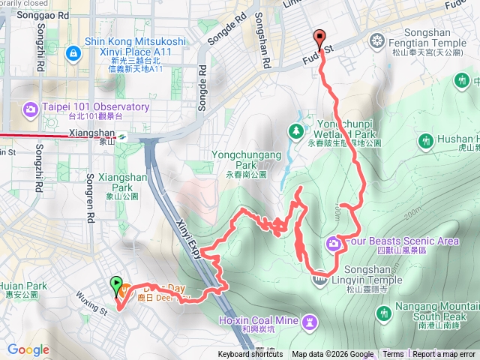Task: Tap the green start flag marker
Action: pyautogui.click(x=116, y=285)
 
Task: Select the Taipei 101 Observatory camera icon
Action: pyautogui.click(x=31, y=109)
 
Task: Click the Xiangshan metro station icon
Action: pyautogui.click(x=121, y=136)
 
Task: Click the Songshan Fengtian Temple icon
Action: pyautogui.click(x=376, y=40)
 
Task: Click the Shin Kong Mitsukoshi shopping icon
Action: pyautogui.click(x=73, y=53)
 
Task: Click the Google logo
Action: pyautogui.click(x=28, y=349)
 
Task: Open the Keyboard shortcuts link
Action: pyautogui.click(x=250, y=355)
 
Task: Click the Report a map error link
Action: pyautogui.click(x=445, y=355)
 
